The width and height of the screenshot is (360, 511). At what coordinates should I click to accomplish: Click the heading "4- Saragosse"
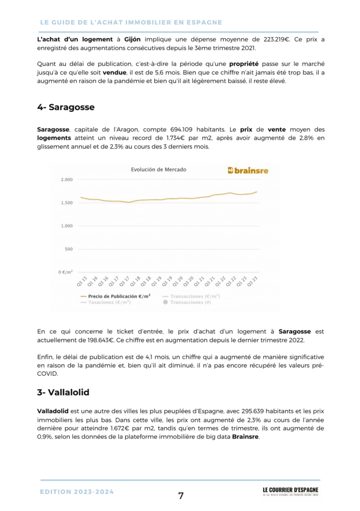[65, 107]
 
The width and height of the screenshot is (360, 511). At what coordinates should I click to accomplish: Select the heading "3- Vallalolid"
[63, 392]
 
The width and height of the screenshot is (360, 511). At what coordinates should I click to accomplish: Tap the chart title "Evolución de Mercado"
[158, 170]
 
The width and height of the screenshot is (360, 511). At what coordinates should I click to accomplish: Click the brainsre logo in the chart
[248, 170]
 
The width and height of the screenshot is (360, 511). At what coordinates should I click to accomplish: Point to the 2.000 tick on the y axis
[66, 180]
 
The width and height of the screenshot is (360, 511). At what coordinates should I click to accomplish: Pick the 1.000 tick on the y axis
[66, 226]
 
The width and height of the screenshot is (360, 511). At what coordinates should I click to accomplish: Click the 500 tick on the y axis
[68, 249]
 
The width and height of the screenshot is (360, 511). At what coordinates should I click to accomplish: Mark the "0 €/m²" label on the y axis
[65, 272]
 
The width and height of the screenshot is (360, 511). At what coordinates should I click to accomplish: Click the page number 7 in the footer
[181, 496]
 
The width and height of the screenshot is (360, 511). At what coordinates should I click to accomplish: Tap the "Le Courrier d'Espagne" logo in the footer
[290, 492]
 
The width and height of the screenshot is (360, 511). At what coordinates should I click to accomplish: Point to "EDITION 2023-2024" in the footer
[77, 492]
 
